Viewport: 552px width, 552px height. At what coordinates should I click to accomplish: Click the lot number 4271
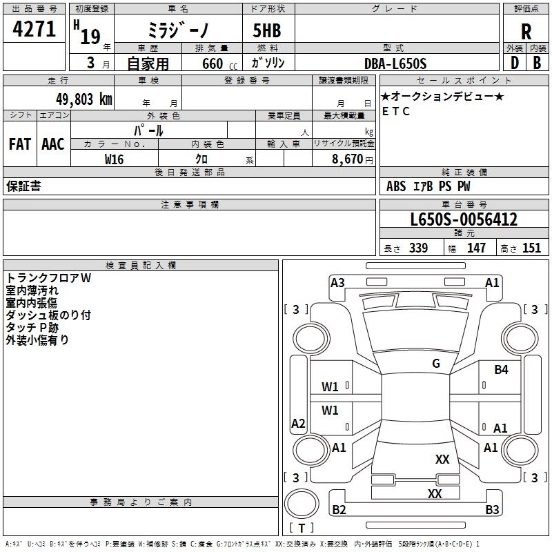tap(34, 30)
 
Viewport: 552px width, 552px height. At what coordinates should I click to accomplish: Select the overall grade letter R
tap(526, 32)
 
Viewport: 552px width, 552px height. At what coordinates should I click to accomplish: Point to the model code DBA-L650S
tap(395, 63)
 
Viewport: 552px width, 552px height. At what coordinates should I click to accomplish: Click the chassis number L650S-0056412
tap(464, 220)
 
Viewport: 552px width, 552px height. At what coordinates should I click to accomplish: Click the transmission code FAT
tap(19, 144)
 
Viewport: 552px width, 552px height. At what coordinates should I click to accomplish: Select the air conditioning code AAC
tap(52, 144)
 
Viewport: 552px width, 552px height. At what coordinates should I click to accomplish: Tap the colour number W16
tap(114, 159)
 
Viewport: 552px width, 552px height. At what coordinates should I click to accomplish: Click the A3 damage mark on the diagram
tap(337, 282)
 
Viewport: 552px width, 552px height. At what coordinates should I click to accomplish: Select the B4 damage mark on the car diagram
tap(501, 370)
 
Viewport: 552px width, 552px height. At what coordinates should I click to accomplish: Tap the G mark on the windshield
tap(435, 363)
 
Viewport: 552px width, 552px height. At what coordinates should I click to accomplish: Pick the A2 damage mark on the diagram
tap(298, 423)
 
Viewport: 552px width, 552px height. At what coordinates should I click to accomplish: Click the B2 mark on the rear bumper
tap(339, 510)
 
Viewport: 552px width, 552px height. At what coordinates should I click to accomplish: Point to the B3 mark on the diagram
tap(491, 510)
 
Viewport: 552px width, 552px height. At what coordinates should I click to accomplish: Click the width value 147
tap(476, 248)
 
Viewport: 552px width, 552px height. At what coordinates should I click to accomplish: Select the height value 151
tap(531, 248)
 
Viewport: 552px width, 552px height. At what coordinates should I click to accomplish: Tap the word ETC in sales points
tap(396, 111)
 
